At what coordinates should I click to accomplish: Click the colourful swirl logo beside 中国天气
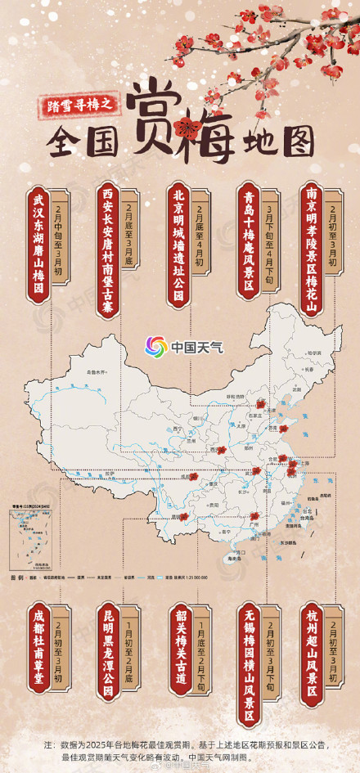pos(155,347)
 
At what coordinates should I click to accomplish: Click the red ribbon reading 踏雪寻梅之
pos(84,102)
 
